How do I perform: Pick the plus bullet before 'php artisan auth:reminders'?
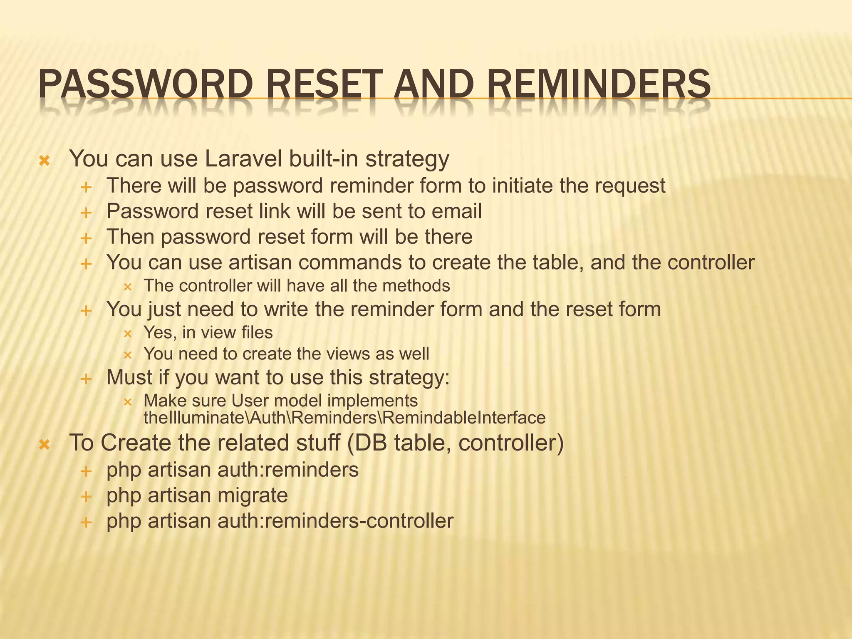(x=86, y=471)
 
